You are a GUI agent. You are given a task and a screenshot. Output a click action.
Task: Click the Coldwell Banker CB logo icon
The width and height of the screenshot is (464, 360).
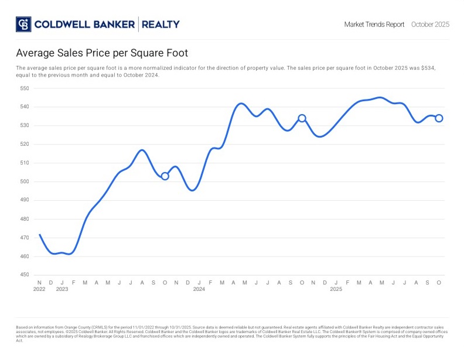(23, 24)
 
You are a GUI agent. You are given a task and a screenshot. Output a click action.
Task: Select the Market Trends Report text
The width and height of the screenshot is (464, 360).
(374, 25)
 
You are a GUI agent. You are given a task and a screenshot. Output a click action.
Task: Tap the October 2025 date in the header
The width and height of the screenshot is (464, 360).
(430, 25)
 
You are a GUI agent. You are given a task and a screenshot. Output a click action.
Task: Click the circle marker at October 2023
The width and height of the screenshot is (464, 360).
(165, 176)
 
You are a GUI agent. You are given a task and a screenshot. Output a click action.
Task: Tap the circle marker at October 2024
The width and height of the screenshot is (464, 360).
(302, 118)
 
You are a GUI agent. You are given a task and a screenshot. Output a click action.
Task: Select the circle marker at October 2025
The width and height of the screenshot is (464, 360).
(439, 118)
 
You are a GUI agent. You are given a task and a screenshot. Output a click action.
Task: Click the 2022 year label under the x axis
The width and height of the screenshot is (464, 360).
(39, 289)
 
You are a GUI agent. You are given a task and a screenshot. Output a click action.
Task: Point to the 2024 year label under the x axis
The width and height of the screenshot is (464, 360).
(199, 289)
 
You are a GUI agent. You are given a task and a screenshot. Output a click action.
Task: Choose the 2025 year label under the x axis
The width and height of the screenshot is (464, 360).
(336, 289)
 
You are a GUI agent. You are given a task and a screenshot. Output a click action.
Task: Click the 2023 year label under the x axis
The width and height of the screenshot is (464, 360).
(62, 289)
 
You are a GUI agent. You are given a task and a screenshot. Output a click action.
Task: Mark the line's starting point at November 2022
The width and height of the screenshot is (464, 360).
(39, 235)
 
